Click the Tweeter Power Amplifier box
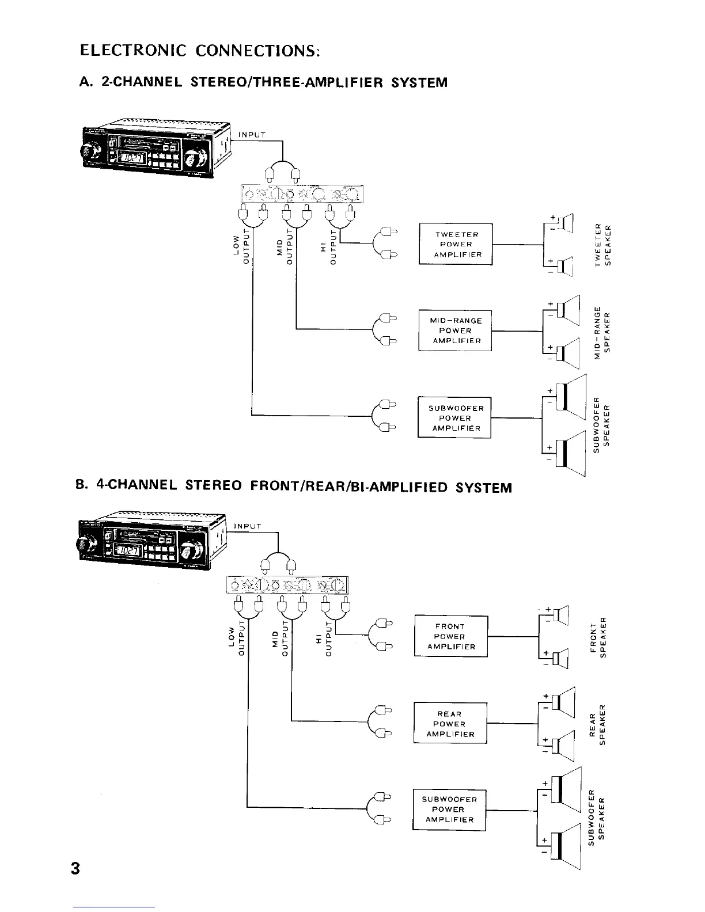click(x=456, y=244)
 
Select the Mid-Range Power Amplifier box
click(x=456, y=330)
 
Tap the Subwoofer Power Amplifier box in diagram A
click(x=454, y=418)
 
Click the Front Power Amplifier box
click(x=451, y=636)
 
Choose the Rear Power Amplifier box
click(x=450, y=724)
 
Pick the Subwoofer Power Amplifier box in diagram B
click(x=449, y=810)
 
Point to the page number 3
click(x=75, y=867)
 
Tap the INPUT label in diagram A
click(x=252, y=135)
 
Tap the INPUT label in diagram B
click(x=248, y=526)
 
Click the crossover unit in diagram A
click(x=302, y=193)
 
